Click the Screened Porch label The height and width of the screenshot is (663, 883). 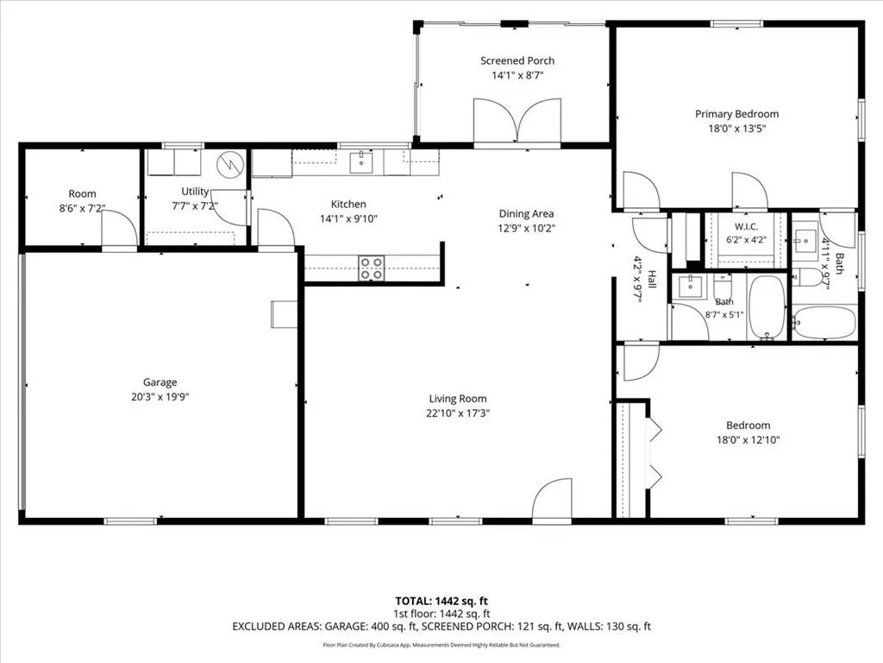pos(517,61)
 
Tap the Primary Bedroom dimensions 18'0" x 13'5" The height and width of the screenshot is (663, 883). pos(736,129)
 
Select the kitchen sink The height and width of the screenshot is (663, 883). pos(360,162)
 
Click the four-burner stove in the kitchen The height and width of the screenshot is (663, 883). pos(372,268)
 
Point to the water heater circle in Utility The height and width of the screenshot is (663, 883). pos(230,164)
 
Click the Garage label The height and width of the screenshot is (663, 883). pos(160,382)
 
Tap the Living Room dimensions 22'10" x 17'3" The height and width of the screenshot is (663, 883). pos(458,414)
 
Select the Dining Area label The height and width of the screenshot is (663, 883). pos(526,214)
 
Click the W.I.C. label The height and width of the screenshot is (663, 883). pos(746,227)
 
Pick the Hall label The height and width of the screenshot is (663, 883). pos(652,280)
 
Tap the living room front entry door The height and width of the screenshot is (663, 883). pos(552,501)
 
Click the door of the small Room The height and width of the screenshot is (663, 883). pos(119,228)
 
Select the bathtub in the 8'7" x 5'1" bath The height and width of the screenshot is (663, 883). pos(767,307)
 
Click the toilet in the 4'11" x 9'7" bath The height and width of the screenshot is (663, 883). pos(805,277)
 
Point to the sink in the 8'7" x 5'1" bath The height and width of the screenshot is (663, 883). pos(690,287)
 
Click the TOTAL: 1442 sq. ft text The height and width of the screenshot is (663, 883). pos(441,601)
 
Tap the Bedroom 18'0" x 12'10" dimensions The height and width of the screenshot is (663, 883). pos(748,440)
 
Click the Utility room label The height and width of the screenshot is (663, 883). pos(195,192)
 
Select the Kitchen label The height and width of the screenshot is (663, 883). pos(348,204)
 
